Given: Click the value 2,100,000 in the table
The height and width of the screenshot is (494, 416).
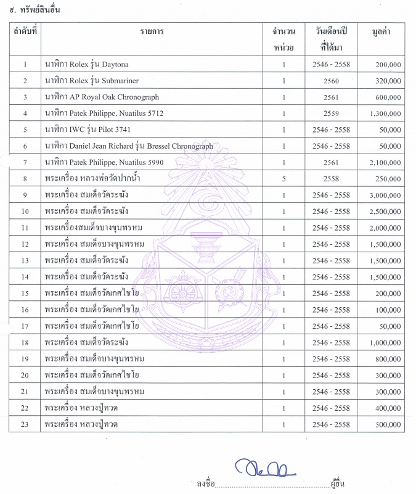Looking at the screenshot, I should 386,162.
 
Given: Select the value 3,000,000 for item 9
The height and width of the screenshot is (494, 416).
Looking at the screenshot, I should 386,195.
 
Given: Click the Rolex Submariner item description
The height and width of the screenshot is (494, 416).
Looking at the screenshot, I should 100,81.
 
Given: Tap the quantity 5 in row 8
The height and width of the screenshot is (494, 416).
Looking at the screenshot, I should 284,179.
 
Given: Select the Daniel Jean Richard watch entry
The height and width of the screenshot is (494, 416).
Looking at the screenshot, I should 129,146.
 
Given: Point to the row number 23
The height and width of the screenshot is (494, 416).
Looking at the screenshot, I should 25,424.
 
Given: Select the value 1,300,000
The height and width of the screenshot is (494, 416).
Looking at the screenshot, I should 386,113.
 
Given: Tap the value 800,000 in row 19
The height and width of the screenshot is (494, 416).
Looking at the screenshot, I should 388,359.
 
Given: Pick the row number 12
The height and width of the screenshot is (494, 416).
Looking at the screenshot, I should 25,244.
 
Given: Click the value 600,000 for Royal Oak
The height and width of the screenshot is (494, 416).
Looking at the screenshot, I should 388,97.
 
